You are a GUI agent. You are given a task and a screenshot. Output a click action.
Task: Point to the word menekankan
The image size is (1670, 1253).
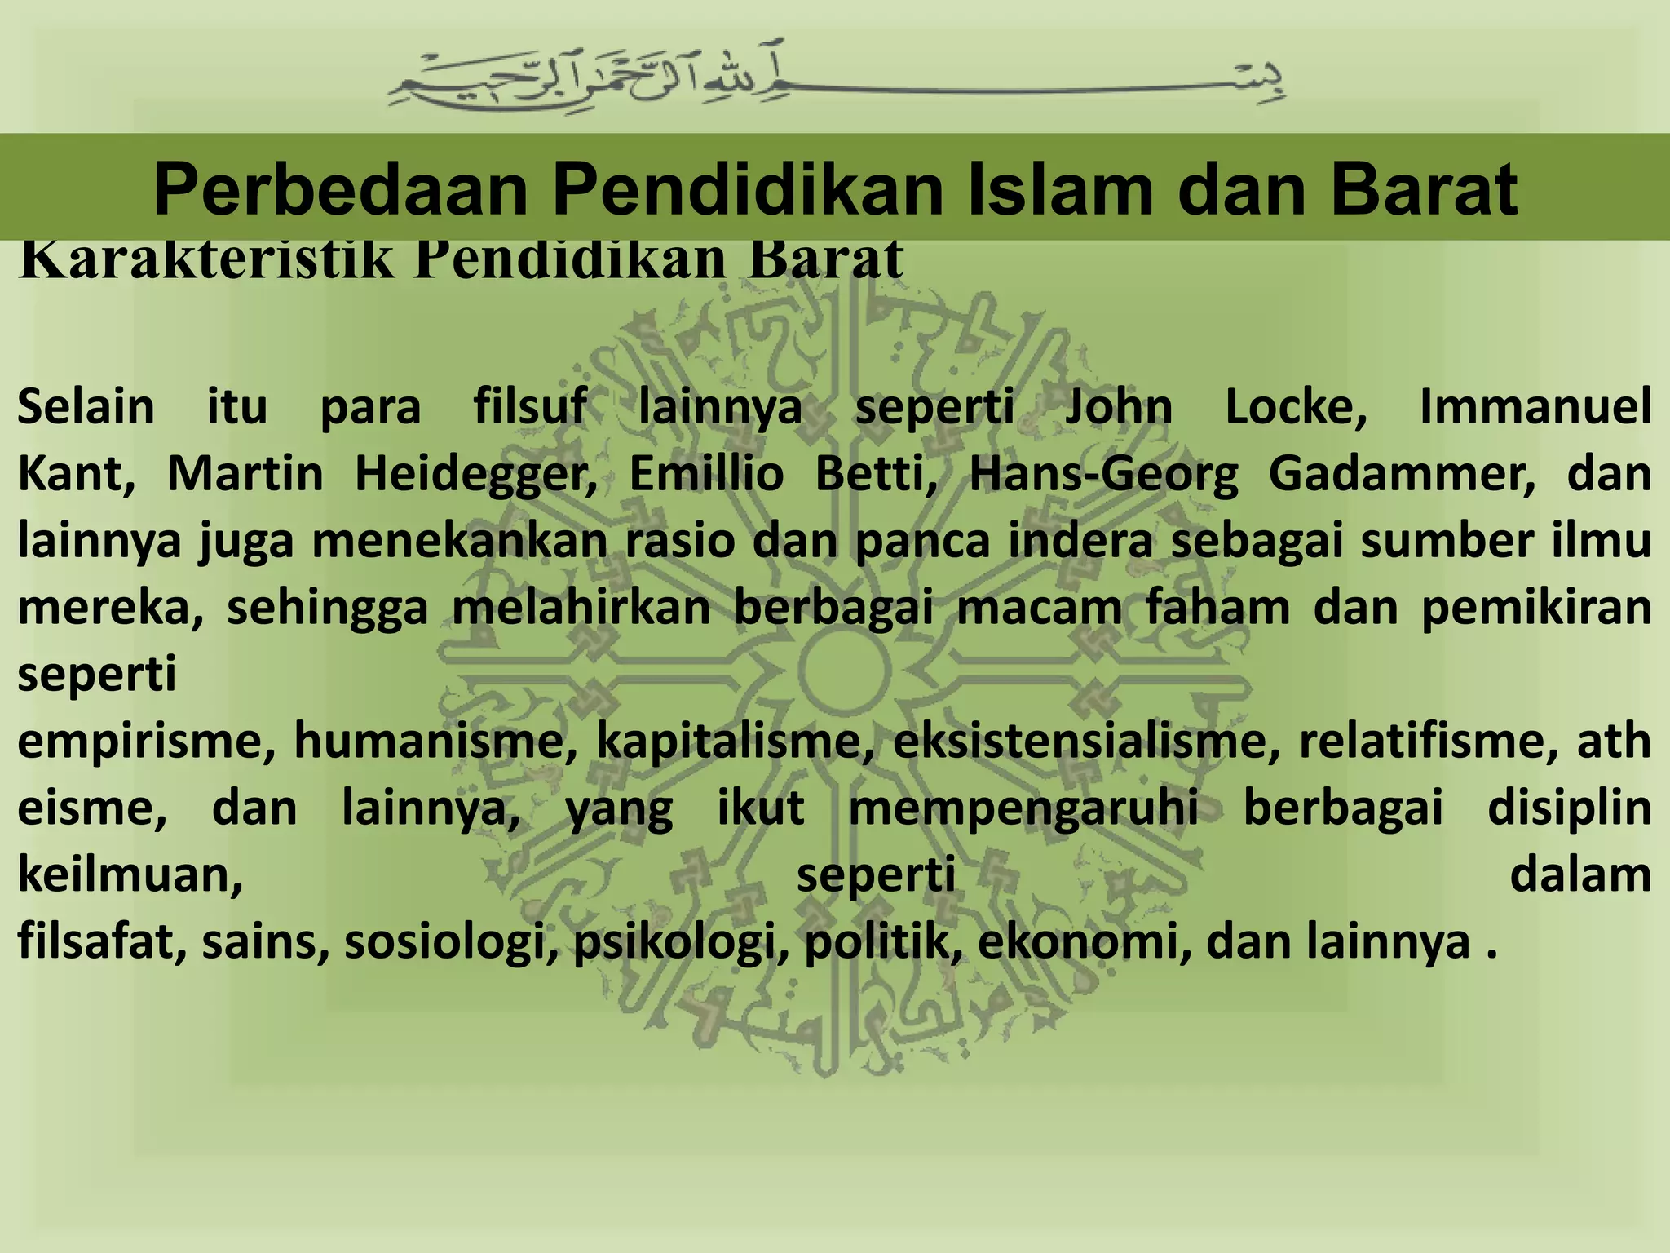click(x=459, y=541)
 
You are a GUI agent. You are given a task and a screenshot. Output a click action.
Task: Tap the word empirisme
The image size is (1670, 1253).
click(x=146, y=742)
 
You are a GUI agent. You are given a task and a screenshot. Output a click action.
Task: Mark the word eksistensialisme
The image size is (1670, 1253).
click(x=1085, y=742)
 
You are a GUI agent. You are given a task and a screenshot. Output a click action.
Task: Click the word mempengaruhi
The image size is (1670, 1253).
click(x=1023, y=808)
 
